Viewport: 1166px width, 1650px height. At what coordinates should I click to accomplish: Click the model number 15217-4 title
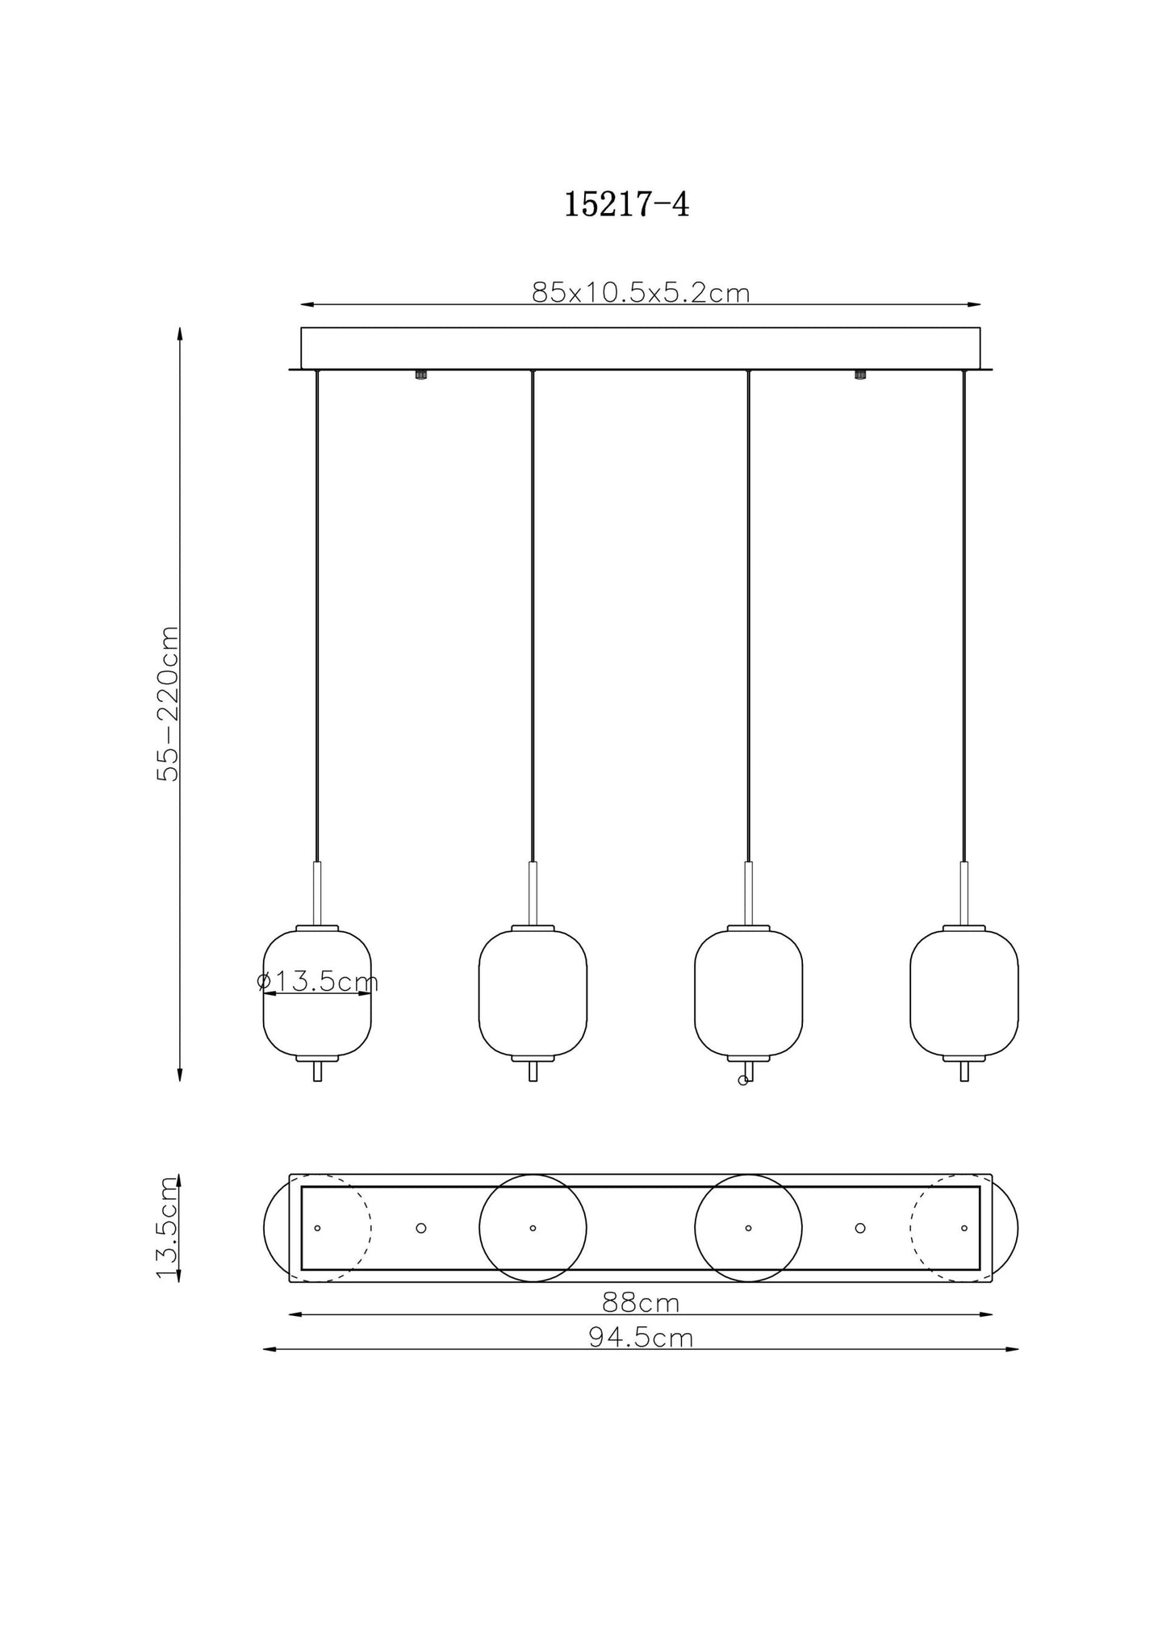click(626, 205)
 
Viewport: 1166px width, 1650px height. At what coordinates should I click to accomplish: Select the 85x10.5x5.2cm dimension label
click(641, 292)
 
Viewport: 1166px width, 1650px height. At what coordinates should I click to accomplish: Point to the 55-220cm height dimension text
click(168, 703)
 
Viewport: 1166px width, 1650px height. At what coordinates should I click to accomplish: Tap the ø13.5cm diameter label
click(317, 982)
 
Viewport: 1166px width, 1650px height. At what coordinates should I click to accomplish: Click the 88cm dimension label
click(641, 1302)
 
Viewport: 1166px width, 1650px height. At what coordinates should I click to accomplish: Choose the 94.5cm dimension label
click(641, 1338)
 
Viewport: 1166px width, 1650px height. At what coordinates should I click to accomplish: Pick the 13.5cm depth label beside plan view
click(167, 1228)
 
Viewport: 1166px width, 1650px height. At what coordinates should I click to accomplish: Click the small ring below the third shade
click(743, 1080)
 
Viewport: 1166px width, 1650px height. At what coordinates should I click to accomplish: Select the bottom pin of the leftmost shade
click(317, 1071)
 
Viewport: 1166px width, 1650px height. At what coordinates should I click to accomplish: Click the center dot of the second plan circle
click(533, 1228)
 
